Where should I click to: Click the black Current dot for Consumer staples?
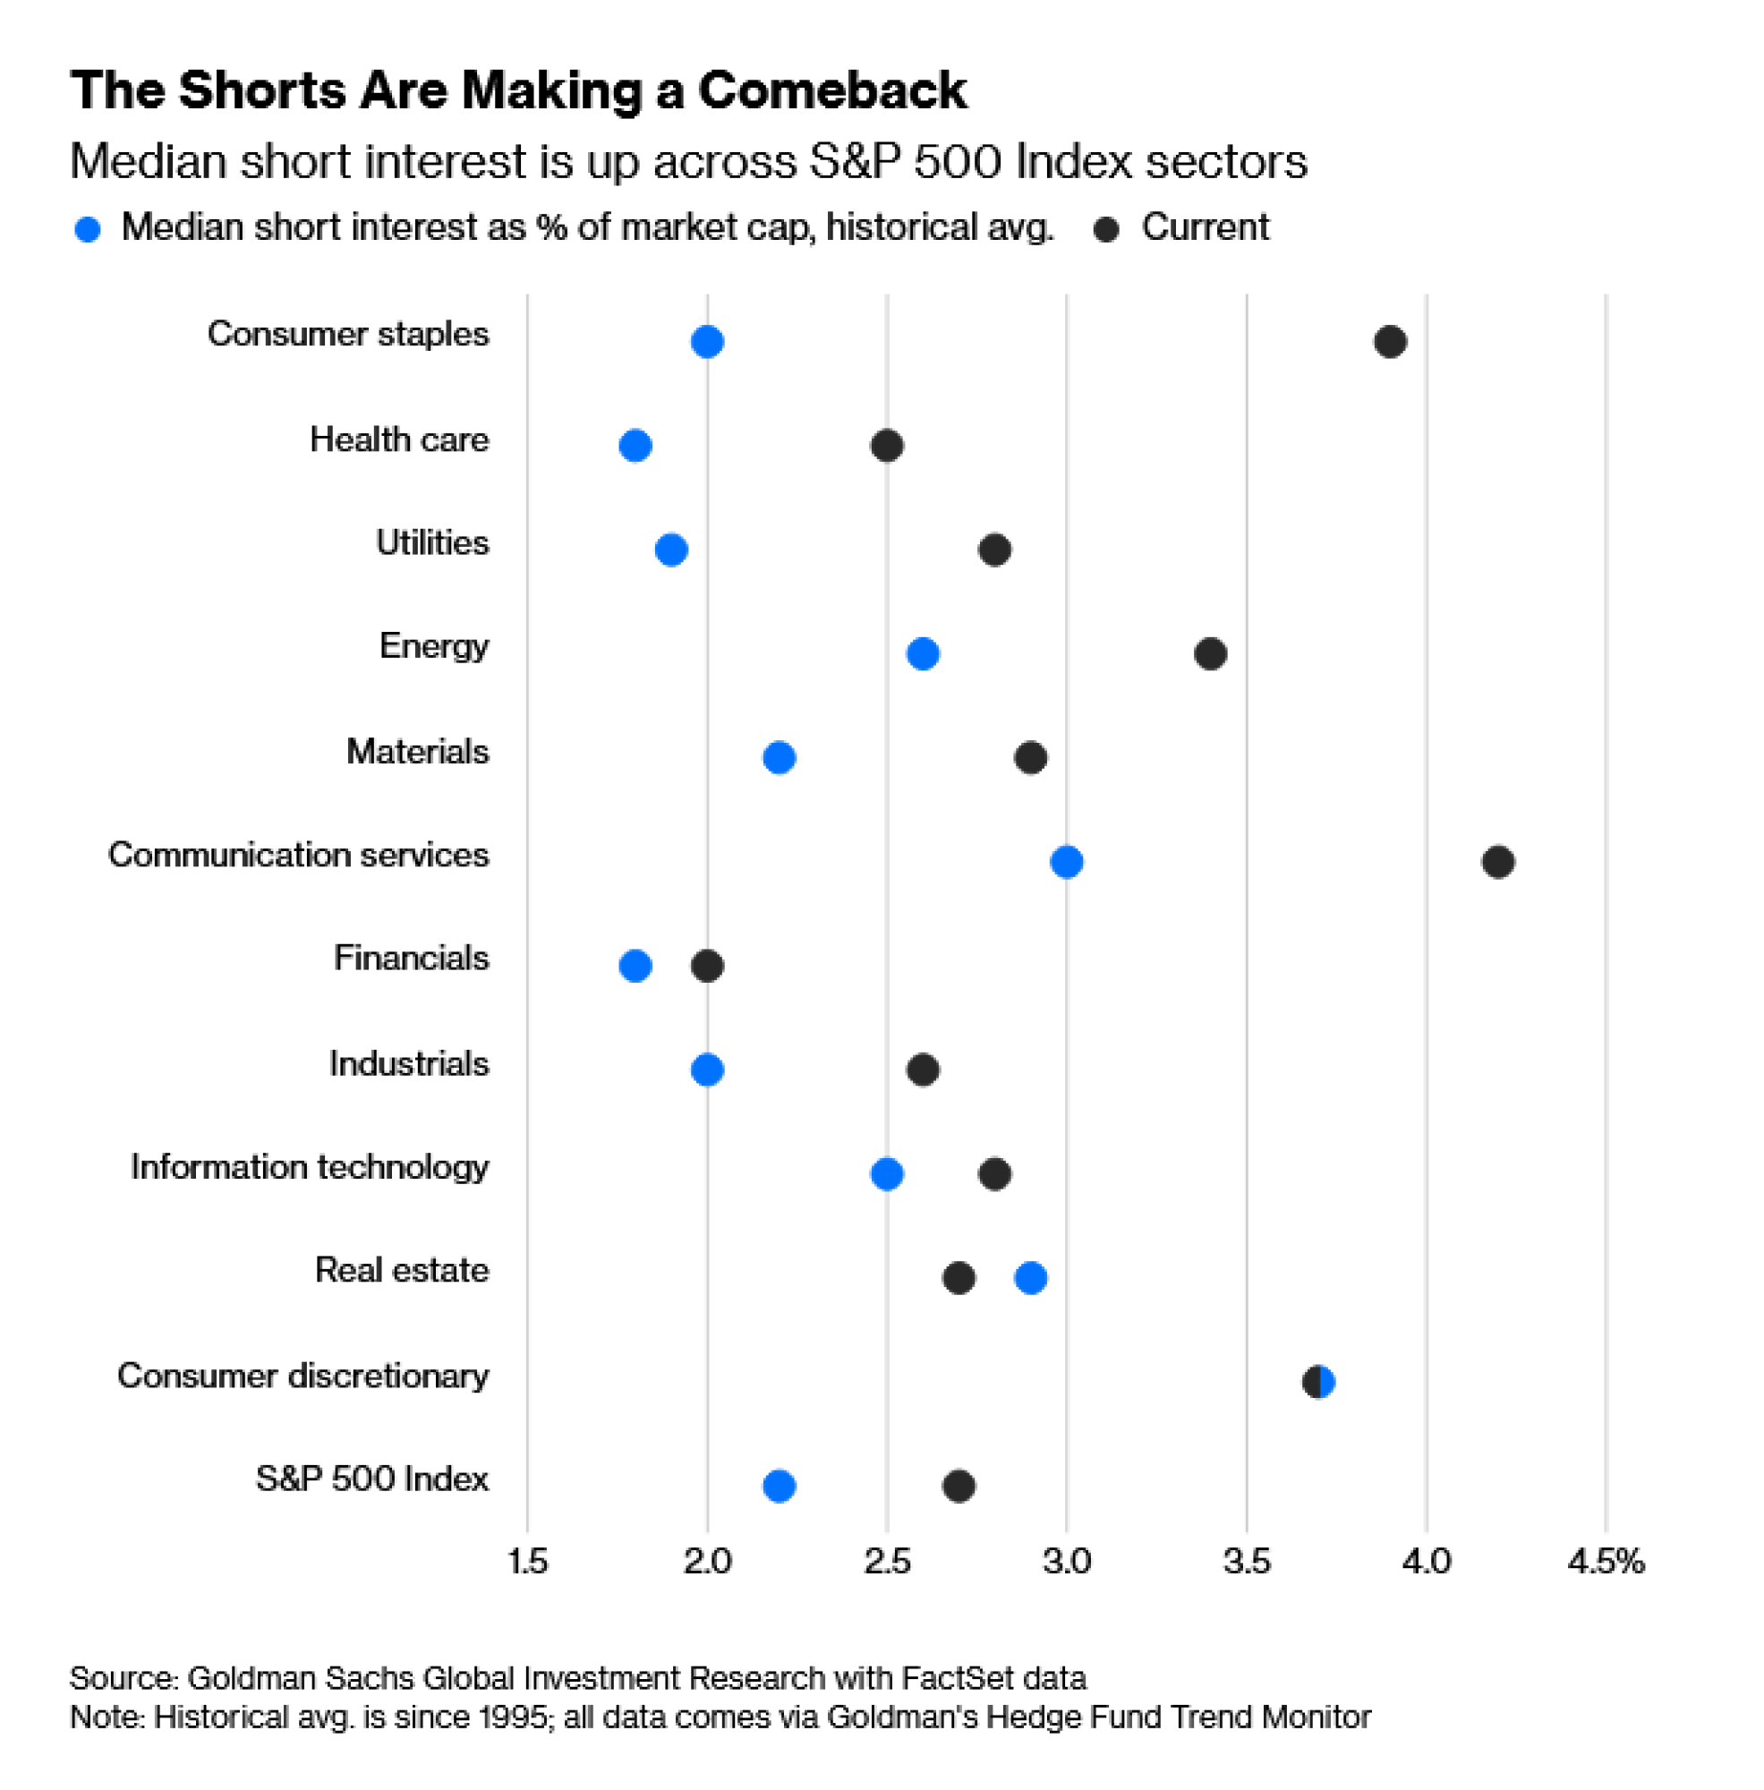click(1390, 342)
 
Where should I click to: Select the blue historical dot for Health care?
click(635, 446)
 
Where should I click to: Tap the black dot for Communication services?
click(1498, 862)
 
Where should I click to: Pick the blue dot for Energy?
click(923, 654)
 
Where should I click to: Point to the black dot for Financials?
click(707, 967)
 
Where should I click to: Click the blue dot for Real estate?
click(1031, 1279)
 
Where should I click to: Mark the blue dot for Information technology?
click(887, 1174)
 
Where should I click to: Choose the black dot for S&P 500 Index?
click(959, 1486)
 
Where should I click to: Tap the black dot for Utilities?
click(994, 550)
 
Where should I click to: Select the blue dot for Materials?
click(780, 758)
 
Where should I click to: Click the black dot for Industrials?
click(923, 1070)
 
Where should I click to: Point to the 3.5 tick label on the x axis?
click(1247, 1562)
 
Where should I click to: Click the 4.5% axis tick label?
click(1606, 1562)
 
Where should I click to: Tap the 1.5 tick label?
click(528, 1562)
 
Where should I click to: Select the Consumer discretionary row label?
click(303, 1376)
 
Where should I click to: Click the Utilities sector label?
click(431, 543)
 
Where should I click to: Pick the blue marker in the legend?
click(88, 230)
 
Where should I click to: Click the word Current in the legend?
click(1205, 228)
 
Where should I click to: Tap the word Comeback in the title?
click(832, 91)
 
